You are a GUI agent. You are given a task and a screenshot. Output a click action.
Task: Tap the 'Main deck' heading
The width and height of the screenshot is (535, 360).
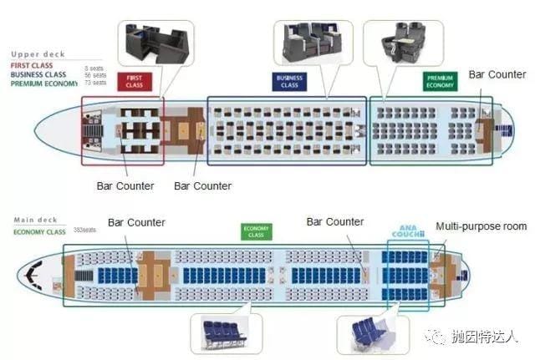(x=33, y=221)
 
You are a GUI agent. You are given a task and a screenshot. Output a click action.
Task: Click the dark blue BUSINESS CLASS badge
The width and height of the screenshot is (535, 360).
(x=289, y=81)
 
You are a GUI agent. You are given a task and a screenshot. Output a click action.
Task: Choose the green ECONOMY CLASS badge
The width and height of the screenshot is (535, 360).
(x=255, y=232)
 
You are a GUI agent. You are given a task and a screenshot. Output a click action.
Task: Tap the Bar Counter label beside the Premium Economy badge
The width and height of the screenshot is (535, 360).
(x=497, y=74)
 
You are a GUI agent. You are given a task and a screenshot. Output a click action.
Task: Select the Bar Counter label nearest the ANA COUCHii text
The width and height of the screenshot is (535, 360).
(x=335, y=222)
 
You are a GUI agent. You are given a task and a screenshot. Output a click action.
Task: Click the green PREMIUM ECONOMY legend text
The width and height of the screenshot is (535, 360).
(x=43, y=84)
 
